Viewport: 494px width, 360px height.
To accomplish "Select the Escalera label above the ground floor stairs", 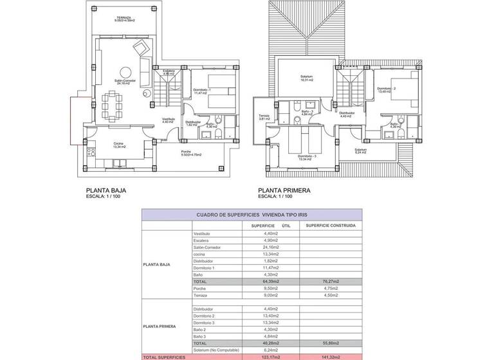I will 169,72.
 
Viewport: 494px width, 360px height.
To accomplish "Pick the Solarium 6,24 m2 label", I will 360,151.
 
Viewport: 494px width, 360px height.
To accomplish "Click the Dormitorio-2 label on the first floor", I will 386,89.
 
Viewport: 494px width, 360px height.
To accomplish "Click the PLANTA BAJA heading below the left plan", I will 105,190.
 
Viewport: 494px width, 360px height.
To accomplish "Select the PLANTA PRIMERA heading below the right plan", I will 284,190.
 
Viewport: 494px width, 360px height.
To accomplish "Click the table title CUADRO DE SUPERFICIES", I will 252,216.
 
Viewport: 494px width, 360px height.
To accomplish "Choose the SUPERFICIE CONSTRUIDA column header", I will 331,226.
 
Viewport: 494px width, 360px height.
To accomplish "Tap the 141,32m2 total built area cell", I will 331,356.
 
